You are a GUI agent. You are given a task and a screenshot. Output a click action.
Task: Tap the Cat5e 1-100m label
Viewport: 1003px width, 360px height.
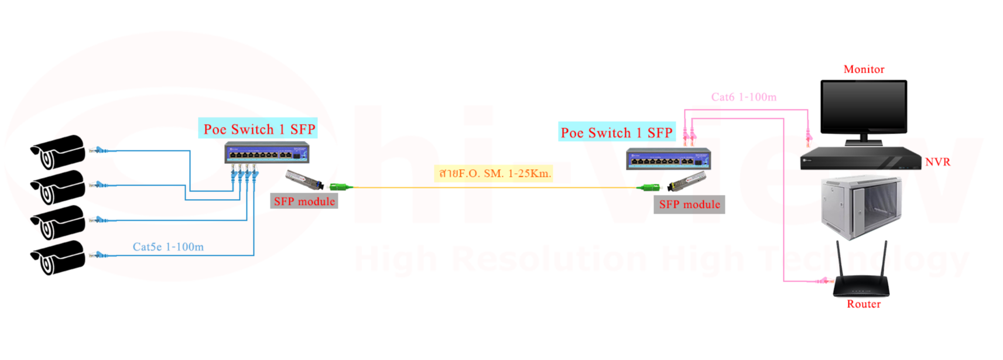[168, 247]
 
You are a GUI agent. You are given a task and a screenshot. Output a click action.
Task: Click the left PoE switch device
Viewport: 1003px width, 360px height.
[267, 153]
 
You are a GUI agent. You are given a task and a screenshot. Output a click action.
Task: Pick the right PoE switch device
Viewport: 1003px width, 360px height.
[668, 159]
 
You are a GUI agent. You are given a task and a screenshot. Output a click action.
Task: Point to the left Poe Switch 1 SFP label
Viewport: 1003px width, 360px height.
[259, 129]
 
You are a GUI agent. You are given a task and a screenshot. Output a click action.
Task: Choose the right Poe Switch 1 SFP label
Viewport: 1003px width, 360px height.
[617, 133]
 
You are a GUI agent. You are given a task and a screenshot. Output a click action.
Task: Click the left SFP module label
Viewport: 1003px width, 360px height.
[304, 201]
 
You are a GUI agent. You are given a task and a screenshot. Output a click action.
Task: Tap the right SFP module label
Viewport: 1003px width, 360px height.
[689, 204]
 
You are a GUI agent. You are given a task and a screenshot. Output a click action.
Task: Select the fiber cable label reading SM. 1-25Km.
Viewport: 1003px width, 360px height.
[495, 173]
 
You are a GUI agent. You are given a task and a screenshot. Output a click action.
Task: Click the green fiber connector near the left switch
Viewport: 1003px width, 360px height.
[340, 187]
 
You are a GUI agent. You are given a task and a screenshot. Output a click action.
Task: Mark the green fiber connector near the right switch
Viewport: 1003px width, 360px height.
[649, 187]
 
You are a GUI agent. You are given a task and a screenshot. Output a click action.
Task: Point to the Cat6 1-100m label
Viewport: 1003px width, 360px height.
[744, 97]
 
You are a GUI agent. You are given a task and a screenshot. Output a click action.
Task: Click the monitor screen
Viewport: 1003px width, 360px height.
[864, 107]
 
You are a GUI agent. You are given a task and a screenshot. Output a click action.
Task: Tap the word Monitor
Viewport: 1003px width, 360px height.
[864, 69]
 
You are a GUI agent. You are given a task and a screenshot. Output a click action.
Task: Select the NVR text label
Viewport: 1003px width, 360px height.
[937, 162]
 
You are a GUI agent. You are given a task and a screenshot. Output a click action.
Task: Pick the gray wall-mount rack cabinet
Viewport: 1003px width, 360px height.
[861, 207]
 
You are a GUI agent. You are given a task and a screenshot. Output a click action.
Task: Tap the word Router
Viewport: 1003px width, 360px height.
[864, 304]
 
